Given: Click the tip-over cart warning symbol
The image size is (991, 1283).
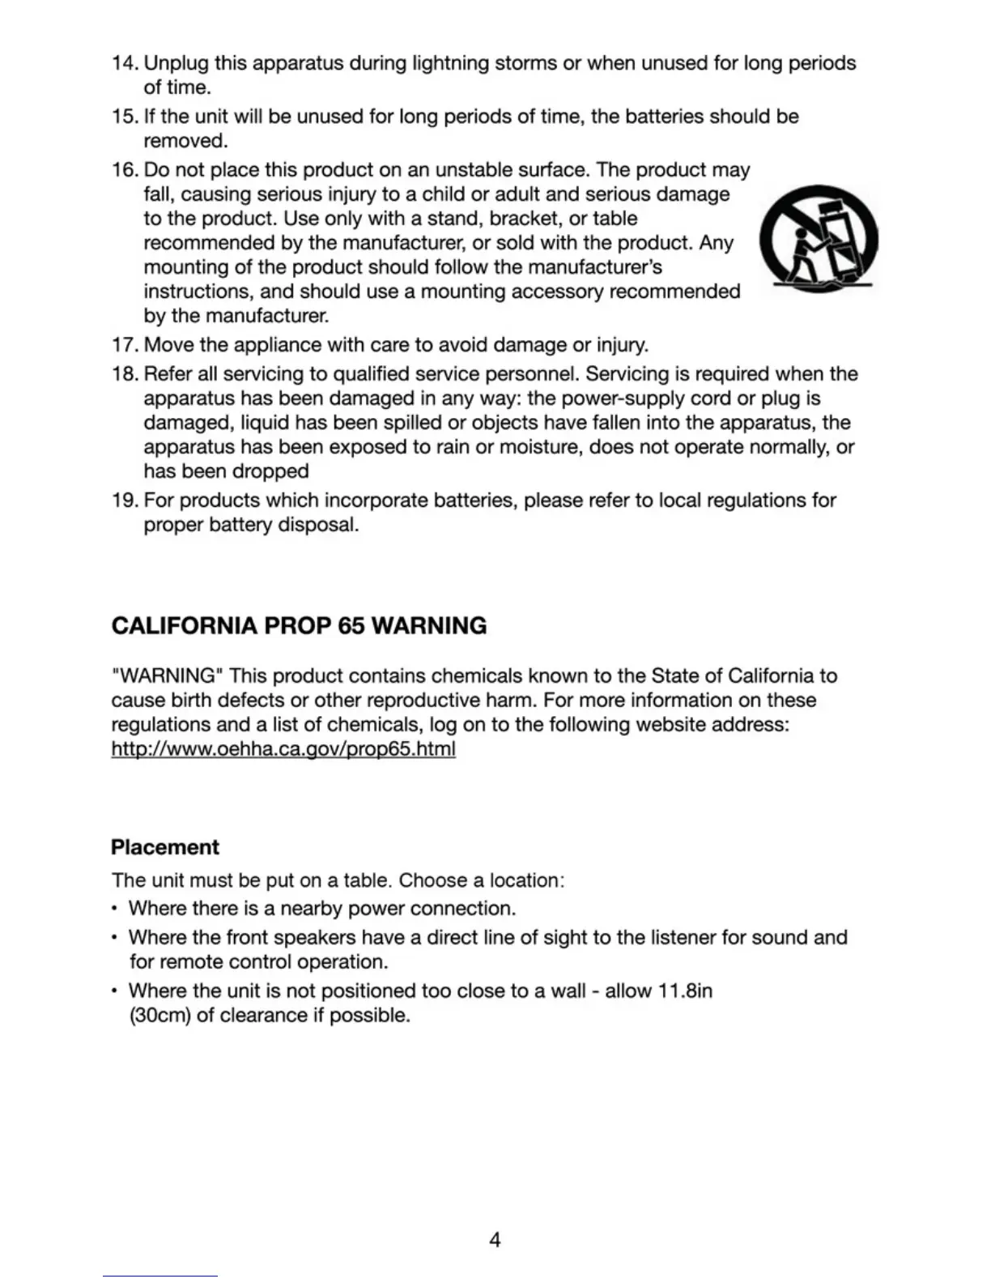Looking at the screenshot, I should (819, 240).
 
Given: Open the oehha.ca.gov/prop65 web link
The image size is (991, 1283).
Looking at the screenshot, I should (283, 748).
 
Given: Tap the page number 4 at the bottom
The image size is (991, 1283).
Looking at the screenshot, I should (495, 1239).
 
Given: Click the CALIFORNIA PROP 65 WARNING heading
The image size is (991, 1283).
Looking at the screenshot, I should (299, 626).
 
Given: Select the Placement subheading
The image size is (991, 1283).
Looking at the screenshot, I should (165, 847).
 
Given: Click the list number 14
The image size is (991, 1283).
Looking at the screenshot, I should (125, 63).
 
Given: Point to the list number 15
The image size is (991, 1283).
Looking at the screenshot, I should (125, 117).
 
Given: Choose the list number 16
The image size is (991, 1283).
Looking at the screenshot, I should (125, 170).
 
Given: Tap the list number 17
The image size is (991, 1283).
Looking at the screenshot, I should (125, 345).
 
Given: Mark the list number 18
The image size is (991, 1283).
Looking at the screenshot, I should (125, 374).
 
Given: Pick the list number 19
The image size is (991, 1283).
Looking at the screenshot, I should (125, 501).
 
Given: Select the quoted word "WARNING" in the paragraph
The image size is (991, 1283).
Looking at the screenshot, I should (168, 676).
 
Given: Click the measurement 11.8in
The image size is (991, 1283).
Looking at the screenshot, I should (685, 991).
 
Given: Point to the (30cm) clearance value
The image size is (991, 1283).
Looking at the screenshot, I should (159, 1016).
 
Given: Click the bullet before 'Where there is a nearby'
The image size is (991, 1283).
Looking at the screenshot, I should (116, 910).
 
